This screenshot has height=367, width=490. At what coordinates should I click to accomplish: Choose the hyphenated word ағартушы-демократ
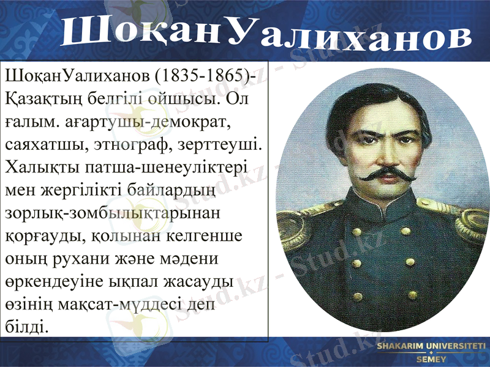146,123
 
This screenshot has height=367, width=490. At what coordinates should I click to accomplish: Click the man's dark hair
374,98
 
